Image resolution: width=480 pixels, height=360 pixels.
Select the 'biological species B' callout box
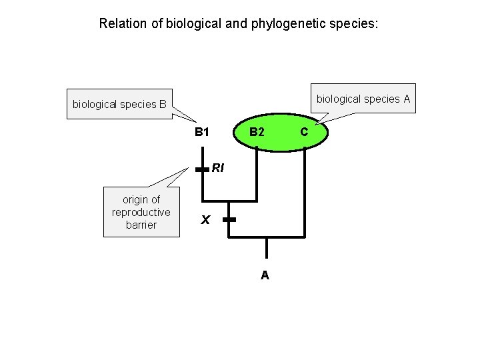tap(120, 104)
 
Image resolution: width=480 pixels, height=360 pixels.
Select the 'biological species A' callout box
tap(363, 99)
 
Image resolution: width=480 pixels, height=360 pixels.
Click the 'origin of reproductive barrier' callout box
tap(141, 213)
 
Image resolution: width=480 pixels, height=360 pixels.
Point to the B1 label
tap(202, 132)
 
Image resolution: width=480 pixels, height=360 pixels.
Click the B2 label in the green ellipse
tap(257, 132)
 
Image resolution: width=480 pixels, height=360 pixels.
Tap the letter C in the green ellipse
tap(304, 132)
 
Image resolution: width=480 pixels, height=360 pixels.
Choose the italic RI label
tap(218, 168)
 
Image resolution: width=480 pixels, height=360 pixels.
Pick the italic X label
tap(206, 219)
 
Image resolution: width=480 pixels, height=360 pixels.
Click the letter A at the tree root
tap(265, 275)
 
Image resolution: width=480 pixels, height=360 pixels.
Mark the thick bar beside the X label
tap(229, 219)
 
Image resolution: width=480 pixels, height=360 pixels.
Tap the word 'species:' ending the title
tap(358, 24)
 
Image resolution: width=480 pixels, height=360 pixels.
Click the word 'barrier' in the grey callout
tap(141, 225)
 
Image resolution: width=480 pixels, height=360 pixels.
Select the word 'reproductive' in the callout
tap(141, 213)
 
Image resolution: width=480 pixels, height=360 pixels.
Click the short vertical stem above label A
tap(266, 247)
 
